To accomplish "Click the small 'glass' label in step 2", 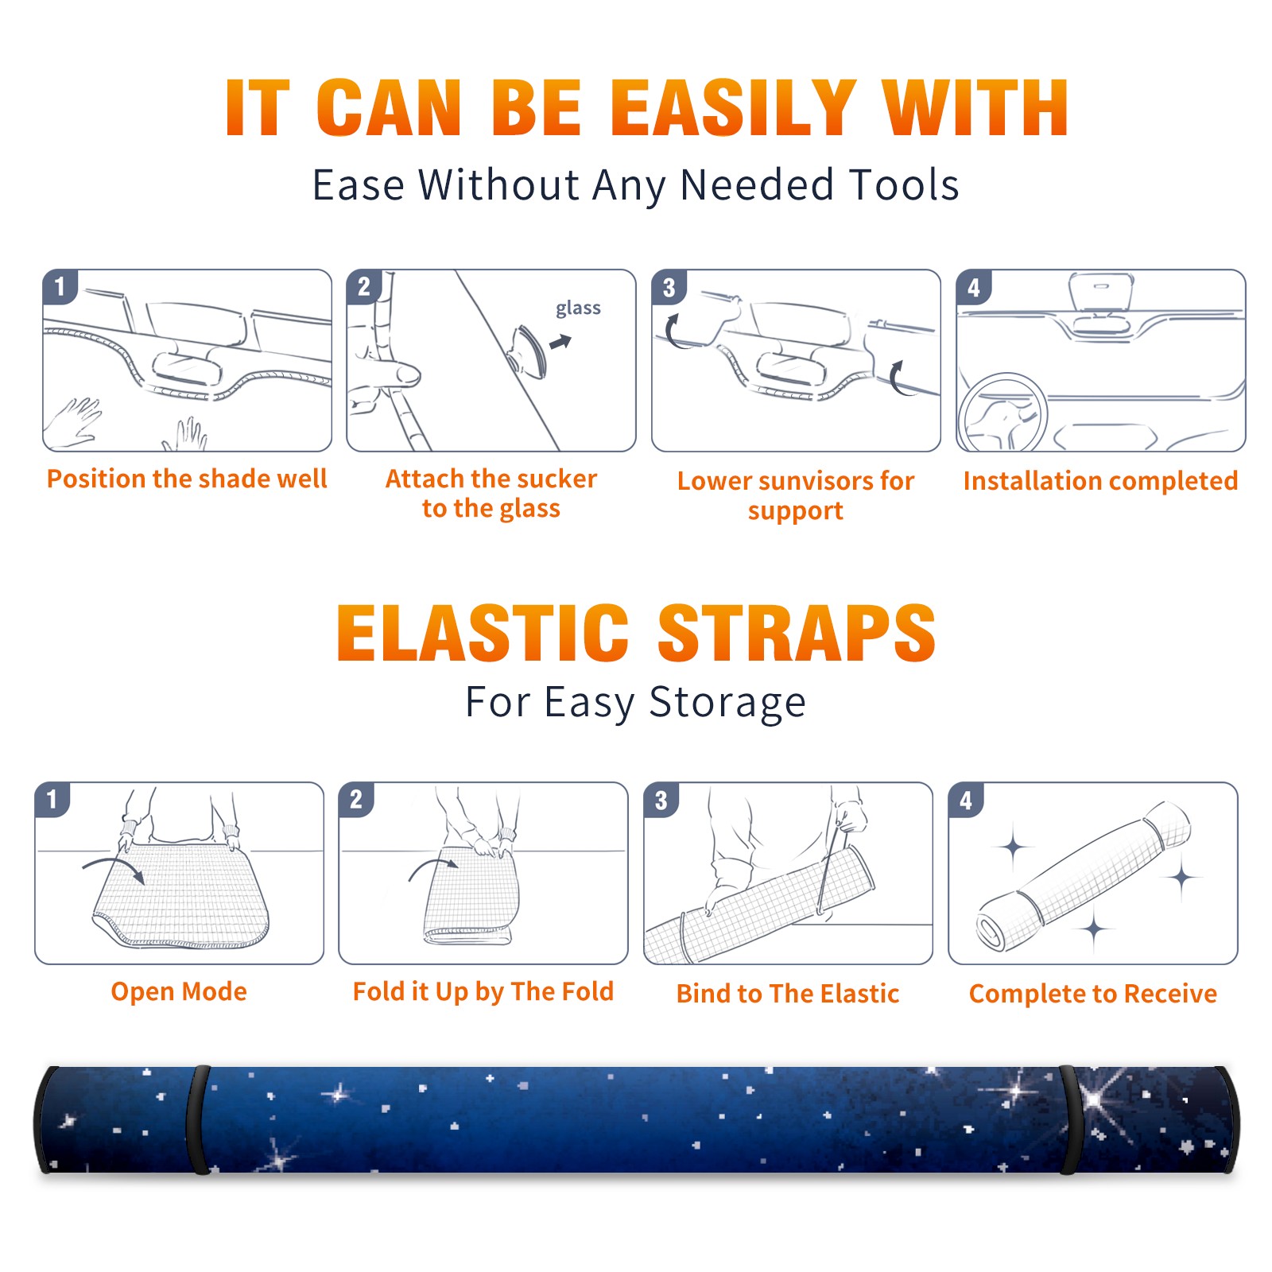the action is point(578,308).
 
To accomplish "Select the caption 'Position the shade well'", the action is point(187,479).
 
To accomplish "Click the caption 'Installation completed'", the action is point(1100,480).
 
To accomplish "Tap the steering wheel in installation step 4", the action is point(1002,414).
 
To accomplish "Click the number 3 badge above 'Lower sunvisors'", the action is point(669,287).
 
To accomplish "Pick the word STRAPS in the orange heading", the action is point(797,633).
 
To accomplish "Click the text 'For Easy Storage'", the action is point(635,703).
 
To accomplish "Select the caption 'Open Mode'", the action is point(179,991).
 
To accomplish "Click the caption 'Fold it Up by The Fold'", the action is point(483,991).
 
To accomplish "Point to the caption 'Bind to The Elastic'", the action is point(788,993).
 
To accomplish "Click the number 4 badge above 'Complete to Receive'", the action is point(965,800).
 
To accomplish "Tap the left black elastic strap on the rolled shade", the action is point(197,1119).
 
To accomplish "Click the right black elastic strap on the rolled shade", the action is point(1071,1119).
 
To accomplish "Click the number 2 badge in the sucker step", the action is point(363,287).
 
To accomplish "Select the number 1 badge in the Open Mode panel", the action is point(52,800).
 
